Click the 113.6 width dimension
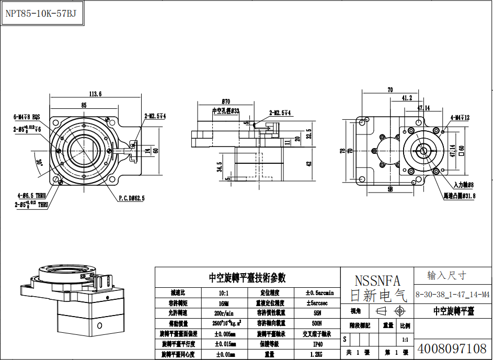pyautogui.click(x=95, y=94)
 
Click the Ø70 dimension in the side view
pyautogui.click(x=226, y=101)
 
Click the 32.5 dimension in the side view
pyautogui.click(x=308, y=134)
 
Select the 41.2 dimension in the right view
pyautogui.click(x=407, y=97)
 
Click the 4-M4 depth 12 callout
pyautogui.click(x=460, y=118)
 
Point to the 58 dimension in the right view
pyautogui.click(x=389, y=190)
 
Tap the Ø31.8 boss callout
pyautogui.click(x=459, y=195)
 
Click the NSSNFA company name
pyautogui.click(x=377, y=281)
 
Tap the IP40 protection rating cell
pyautogui.click(x=318, y=344)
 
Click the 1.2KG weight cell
pyautogui.click(x=318, y=354)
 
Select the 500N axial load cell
pyautogui.click(x=318, y=323)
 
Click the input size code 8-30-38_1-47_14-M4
pyautogui.click(x=453, y=295)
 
